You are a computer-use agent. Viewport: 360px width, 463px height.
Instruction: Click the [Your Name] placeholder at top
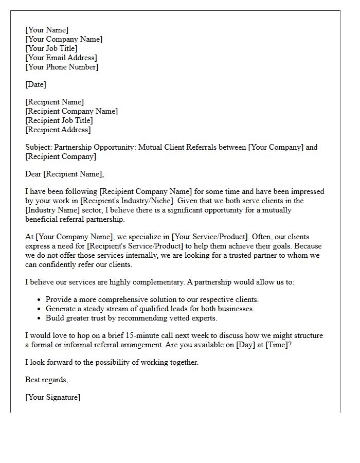coord(47,30)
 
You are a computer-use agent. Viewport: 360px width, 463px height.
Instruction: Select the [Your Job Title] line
coord(51,48)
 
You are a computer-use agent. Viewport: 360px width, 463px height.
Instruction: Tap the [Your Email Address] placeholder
coord(61,58)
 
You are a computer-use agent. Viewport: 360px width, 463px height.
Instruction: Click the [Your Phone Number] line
coord(62,67)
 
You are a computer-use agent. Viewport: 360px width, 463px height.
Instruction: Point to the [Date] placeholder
coord(35,84)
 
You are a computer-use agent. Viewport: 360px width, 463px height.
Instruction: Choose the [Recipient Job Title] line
coord(59,120)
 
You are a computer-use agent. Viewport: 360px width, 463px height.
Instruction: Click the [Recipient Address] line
coord(58,130)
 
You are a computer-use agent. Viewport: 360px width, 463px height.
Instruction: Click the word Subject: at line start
coord(39,147)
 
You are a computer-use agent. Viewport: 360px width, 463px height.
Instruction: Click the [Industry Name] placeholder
coord(52,210)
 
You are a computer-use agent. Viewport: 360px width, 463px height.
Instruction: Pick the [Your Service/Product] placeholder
coord(210,237)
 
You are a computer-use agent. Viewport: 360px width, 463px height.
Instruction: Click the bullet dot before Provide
coord(40,299)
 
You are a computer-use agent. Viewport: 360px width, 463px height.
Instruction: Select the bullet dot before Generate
coord(40,309)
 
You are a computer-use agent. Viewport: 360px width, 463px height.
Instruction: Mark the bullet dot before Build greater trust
coord(40,318)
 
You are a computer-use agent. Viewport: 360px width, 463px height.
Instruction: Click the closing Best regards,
coord(47,380)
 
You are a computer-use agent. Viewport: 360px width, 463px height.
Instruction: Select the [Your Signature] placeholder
coord(52,397)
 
